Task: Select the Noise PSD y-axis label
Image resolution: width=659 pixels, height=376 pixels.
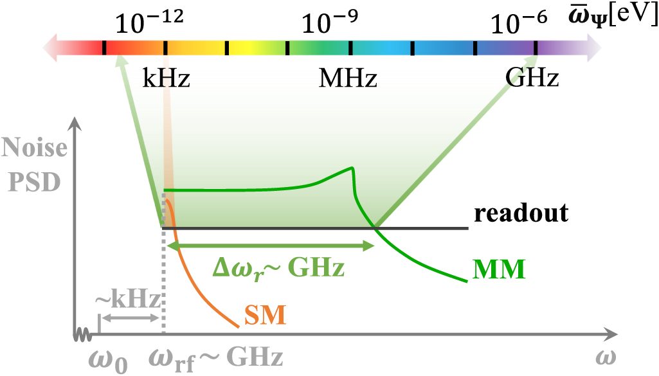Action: click(x=33, y=165)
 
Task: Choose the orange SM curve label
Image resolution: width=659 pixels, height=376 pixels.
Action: click(x=265, y=314)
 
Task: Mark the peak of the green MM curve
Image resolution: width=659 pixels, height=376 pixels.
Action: click(x=352, y=168)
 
